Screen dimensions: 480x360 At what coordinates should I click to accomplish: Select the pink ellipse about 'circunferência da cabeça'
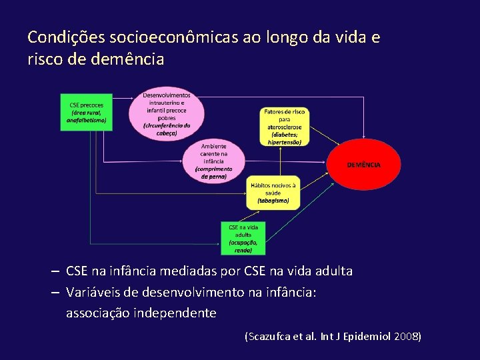click(x=166, y=114)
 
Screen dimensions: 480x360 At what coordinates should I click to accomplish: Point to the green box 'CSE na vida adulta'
click(x=243, y=237)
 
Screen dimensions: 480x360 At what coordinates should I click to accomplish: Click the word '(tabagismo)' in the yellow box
click(x=273, y=199)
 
